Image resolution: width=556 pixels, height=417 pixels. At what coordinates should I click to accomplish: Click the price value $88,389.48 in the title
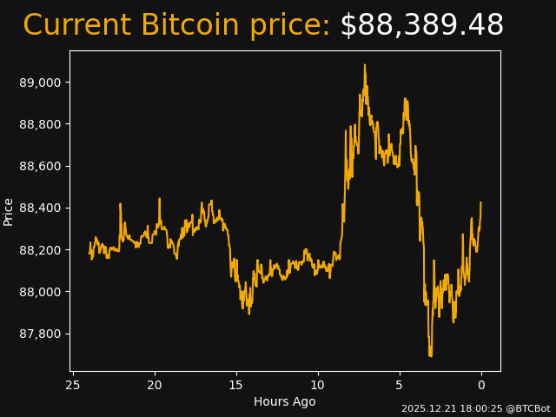click(421, 26)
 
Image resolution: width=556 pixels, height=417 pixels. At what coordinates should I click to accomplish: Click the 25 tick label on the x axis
click(73, 385)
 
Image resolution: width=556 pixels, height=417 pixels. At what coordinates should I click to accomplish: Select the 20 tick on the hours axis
click(155, 385)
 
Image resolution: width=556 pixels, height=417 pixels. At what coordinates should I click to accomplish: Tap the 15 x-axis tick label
click(236, 385)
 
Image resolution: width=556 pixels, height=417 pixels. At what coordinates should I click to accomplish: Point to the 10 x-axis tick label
click(318, 385)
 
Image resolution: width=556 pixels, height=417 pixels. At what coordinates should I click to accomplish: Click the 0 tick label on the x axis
click(481, 385)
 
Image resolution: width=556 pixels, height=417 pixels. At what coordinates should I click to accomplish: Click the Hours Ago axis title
click(285, 401)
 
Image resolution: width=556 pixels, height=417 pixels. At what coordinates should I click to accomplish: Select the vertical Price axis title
click(9, 211)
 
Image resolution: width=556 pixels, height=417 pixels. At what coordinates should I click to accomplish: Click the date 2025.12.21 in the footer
click(426, 408)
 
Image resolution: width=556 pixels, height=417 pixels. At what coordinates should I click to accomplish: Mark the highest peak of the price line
click(365, 65)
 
